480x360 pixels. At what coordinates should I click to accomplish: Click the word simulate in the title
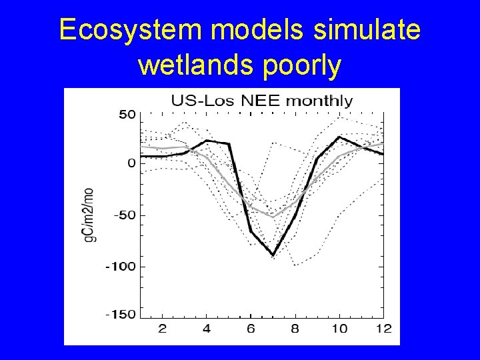[x=364, y=31]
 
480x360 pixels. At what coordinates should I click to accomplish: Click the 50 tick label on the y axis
[x=127, y=115]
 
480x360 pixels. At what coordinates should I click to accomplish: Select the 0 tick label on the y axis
[x=131, y=163]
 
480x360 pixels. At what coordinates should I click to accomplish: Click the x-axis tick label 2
[x=162, y=329]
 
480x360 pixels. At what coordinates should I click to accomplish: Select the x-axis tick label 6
[x=251, y=329]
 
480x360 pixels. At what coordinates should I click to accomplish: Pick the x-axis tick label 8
[x=295, y=329]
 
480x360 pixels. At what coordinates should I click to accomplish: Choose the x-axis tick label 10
[x=339, y=329]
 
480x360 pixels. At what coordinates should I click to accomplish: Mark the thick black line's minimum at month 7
[x=273, y=255]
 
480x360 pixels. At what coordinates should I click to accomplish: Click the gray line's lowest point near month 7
[x=273, y=217]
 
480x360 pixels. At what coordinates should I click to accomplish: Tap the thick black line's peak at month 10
[x=339, y=137]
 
